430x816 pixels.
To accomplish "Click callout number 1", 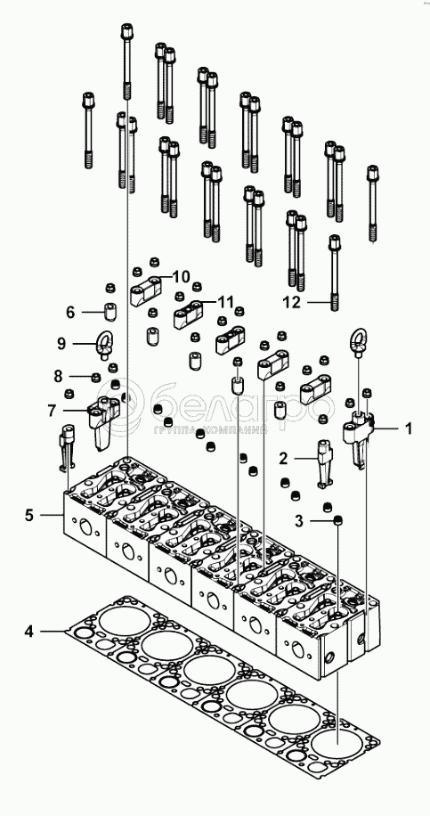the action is pyautogui.click(x=408, y=428).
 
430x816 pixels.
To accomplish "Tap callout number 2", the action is pyautogui.click(x=283, y=459).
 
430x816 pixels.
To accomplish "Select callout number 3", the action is pyautogui.click(x=298, y=521).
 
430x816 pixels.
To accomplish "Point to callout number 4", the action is pyautogui.click(x=29, y=632).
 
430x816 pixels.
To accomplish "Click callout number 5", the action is pyautogui.click(x=29, y=515).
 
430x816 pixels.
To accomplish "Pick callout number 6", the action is pyautogui.click(x=70, y=313).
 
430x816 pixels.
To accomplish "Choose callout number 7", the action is pyautogui.click(x=52, y=411).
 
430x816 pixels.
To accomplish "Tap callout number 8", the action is pyautogui.click(x=58, y=376).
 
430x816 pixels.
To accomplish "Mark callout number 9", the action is pyautogui.click(x=62, y=344).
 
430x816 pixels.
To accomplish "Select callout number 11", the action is pyautogui.click(x=225, y=301).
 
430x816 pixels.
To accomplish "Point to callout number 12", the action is pyautogui.click(x=292, y=302).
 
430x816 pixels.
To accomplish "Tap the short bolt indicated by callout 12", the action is pyautogui.click(x=335, y=273).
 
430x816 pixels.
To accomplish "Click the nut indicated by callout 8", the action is pyautogui.click(x=95, y=377).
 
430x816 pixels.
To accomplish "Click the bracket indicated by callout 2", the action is pyautogui.click(x=326, y=464).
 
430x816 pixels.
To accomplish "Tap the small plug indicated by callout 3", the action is pyautogui.click(x=339, y=520).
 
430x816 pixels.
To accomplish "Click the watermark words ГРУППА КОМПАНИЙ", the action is pyautogui.click(x=210, y=430).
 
